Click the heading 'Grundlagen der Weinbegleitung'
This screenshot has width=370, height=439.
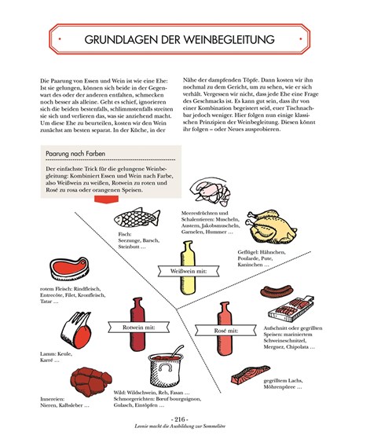point(185,38)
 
